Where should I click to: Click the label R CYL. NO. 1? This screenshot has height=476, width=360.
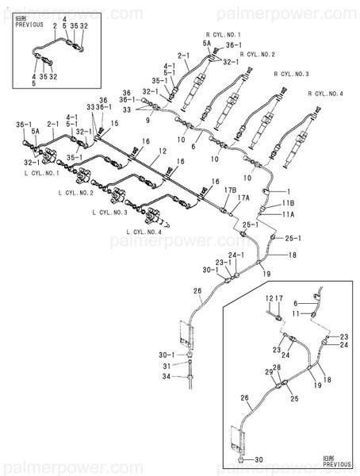tap(223, 35)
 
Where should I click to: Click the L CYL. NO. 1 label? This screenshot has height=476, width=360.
tap(41, 172)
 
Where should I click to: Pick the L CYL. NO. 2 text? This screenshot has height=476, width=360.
tap(75, 193)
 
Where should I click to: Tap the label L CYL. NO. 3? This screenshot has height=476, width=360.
tap(109, 213)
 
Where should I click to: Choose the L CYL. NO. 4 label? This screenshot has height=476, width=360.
tap(144, 232)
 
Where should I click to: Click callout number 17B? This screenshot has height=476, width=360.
tap(230, 190)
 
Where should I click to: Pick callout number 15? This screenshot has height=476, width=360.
tap(115, 123)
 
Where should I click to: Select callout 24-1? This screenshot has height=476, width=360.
tap(237, 255)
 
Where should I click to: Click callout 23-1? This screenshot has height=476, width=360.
tap(223, 263)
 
